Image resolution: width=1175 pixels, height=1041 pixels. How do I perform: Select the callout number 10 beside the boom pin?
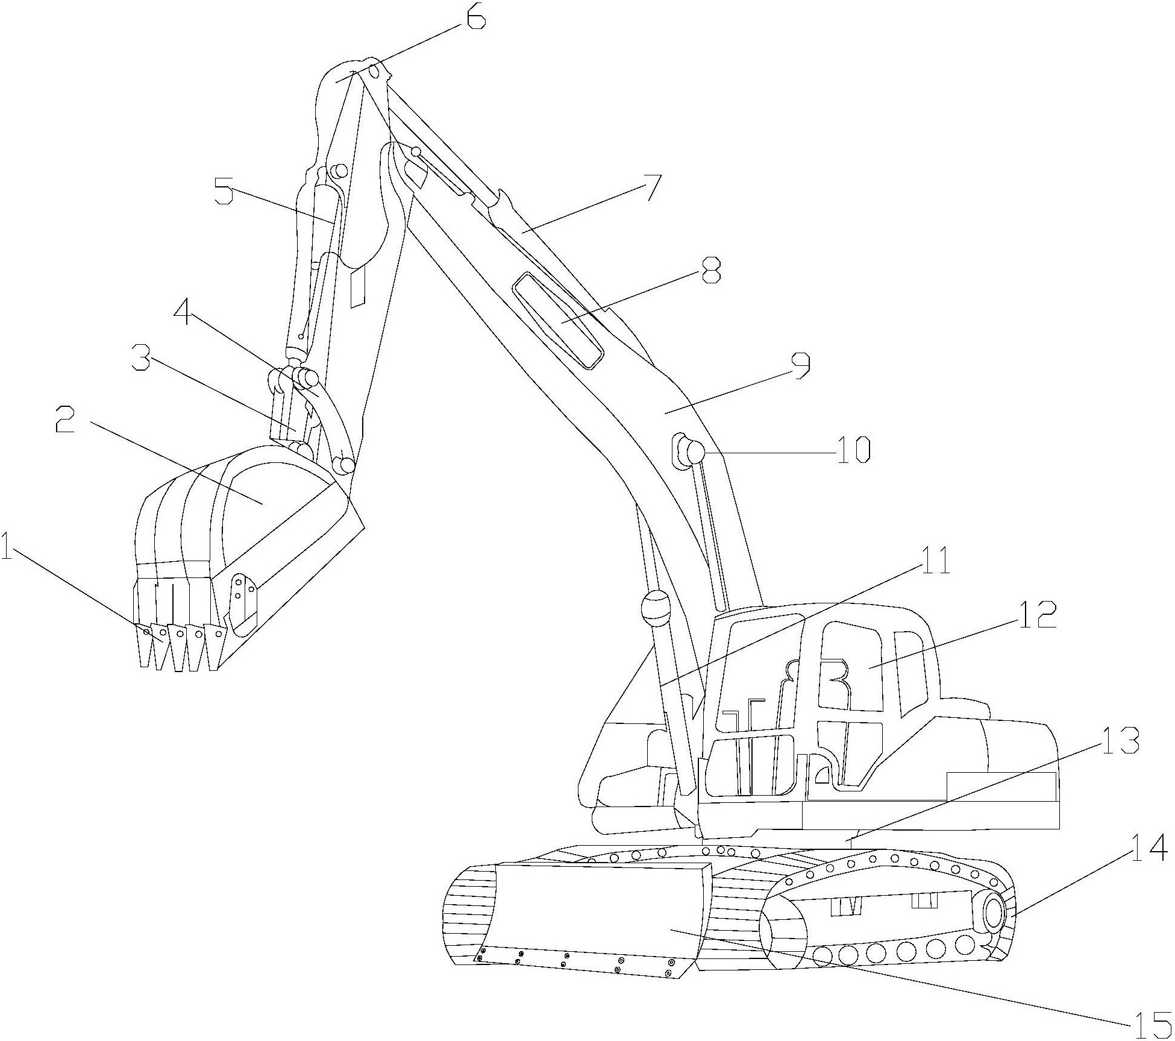pos(853,450)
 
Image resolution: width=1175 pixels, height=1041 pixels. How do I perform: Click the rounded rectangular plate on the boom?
pos(557,320)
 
